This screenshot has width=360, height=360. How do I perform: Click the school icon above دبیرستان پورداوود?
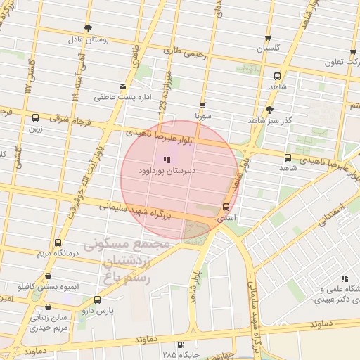tap(167, 160)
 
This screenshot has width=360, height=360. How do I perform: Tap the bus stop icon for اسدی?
tap(226, 207)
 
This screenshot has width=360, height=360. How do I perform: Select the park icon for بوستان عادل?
tap(88, 28)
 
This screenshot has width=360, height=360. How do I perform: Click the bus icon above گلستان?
tap(267, 38)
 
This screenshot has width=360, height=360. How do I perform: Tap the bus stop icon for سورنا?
tap(202, 105)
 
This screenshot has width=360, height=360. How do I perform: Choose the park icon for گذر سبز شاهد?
tap(269, 110)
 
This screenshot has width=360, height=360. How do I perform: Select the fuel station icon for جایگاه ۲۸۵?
tap(181, 345)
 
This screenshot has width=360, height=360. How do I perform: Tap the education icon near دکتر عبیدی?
tap(345, 278)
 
